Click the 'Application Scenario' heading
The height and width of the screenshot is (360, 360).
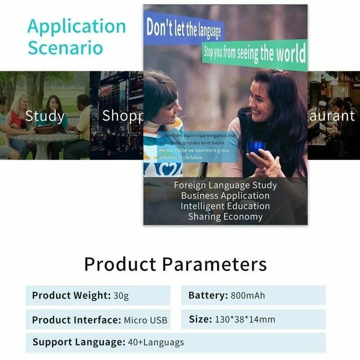[76, 37]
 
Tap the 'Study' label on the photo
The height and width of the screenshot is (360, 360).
[45, 116]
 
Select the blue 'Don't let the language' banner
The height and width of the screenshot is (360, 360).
[183, 29]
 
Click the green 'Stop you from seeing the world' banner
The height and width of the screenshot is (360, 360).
[255, 54]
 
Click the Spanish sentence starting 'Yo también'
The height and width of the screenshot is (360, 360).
[197, 139]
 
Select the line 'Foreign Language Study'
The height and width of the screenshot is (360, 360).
[225, 185]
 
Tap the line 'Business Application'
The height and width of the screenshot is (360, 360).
[225, 196]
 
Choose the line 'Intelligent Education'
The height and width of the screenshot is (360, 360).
[225, 206]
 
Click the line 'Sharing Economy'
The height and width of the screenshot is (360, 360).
[225, 216]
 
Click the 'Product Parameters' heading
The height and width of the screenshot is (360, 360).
[175, 264]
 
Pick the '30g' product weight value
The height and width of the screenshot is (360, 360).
[121, 296]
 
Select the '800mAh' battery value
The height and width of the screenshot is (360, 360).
[248, 296]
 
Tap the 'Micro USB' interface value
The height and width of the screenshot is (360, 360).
[145, 320]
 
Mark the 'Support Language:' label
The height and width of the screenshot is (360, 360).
[79, 342]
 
